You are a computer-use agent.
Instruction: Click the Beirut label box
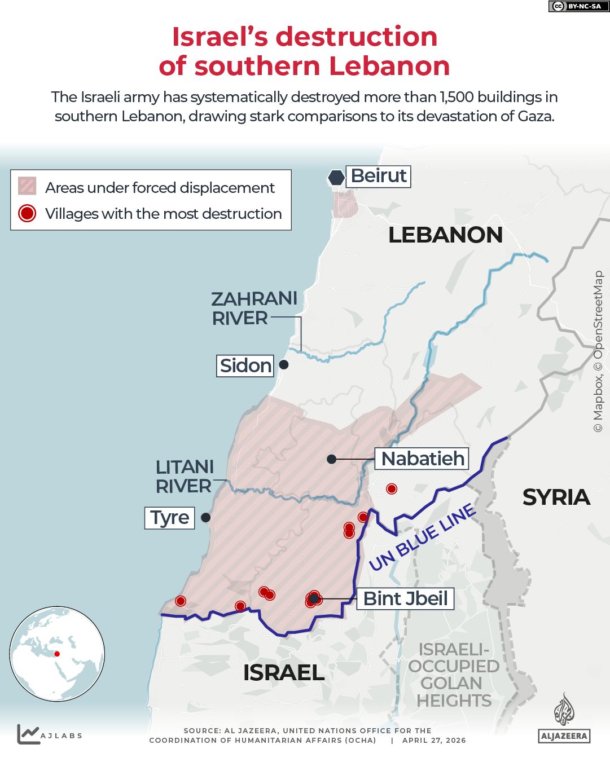pos(378,176)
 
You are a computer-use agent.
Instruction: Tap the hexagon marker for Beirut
pos(336,178)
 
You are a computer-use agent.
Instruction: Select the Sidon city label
pos(245,365)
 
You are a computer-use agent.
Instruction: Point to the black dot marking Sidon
pos(284,365)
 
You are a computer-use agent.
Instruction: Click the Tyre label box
pos(169,517)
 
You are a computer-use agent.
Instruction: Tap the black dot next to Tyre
pos(206,517)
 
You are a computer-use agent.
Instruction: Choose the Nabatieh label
pos(423,459)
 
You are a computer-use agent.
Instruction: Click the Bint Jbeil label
pos(405,598)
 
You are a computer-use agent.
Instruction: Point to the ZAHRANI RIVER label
pos(254,308)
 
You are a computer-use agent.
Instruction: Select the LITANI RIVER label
pos(185,477)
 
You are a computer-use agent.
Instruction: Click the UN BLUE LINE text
pos(422,537)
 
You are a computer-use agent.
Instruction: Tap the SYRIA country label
pos(556,497)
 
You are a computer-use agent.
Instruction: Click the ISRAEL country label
pos(283,672)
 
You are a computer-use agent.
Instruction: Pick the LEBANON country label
pos(445,235)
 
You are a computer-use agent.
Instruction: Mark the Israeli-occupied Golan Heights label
pos(454,675)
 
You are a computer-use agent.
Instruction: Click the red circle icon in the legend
pos(27,213)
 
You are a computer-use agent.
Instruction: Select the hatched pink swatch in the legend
pos(27,186)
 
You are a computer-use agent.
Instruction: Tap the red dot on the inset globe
pos(57,654)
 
